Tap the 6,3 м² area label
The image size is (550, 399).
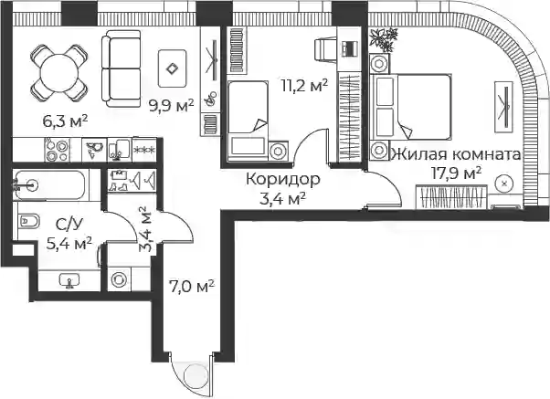click(65, 121)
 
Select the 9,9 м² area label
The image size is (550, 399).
click(172, 105)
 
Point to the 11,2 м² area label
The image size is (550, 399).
click(305, 85)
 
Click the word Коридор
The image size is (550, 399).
click(283, 179)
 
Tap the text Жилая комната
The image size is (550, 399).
click(456, 154)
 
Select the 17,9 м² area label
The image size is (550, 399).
click(456, 173)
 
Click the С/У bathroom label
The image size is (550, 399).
click(68, 225)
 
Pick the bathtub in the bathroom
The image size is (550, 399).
click(49, 184)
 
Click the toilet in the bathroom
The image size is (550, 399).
click(28, 221)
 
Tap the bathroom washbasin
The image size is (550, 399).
click(69, 281)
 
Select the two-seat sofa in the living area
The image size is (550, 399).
click(122, 68)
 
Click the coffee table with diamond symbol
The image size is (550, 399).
click(172, 68)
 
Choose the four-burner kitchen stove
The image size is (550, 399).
click(58, 150)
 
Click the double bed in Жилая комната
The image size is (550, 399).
click(410, 107)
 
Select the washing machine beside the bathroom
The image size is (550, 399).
click(119, 279)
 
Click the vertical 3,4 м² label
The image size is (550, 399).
click(146, 230)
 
